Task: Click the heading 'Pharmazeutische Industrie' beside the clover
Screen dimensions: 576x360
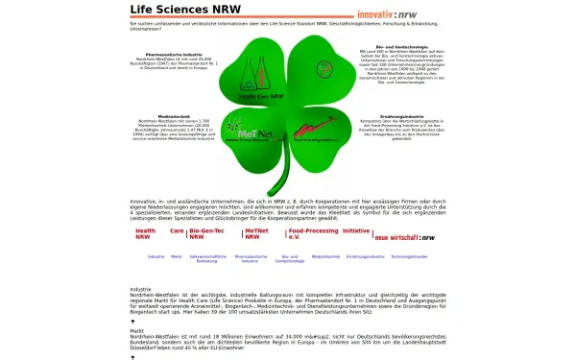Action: pyautogui.click(x=174, y=55)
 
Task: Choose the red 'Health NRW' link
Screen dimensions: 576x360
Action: pyautogui.click(x=145, y=234)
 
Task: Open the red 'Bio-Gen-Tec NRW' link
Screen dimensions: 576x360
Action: pyautogui.click(x=206, y=234)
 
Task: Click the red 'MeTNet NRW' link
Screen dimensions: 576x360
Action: pyautogui.click(x=256, y=234)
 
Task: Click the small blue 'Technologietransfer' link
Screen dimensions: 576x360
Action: pyautogui.click(x=409, y=256)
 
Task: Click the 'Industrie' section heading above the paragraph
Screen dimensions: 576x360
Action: pyautogui.click(x=140, y=289)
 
